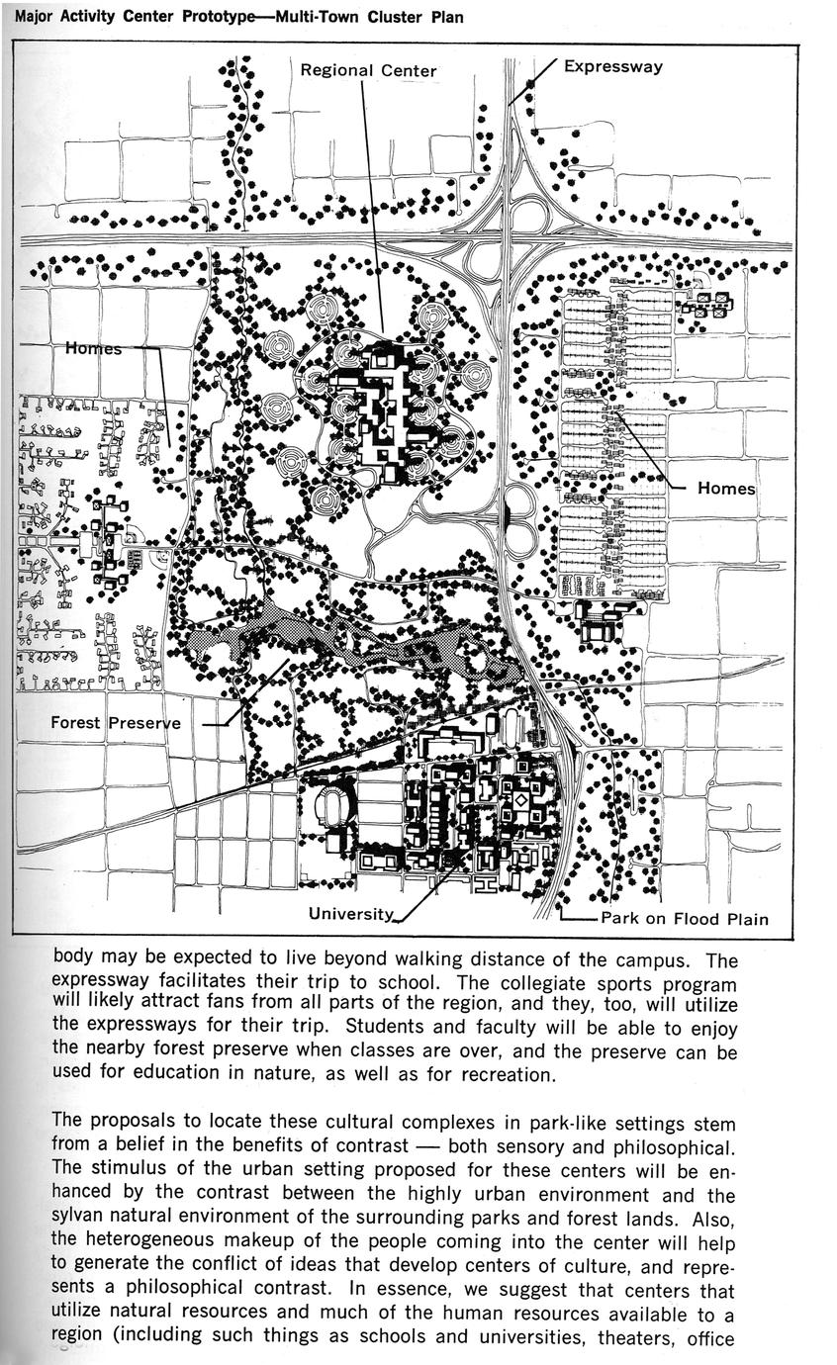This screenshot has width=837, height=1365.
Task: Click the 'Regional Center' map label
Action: pos(368,70)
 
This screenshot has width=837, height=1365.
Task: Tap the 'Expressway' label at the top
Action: pos(612,67)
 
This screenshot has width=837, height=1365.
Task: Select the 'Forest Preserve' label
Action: pos(116,723)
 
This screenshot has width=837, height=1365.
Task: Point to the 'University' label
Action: pos(351,914)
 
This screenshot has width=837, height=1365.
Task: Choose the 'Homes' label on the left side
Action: pos(94,348)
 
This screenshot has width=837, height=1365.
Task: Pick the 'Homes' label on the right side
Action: pos(725,489)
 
